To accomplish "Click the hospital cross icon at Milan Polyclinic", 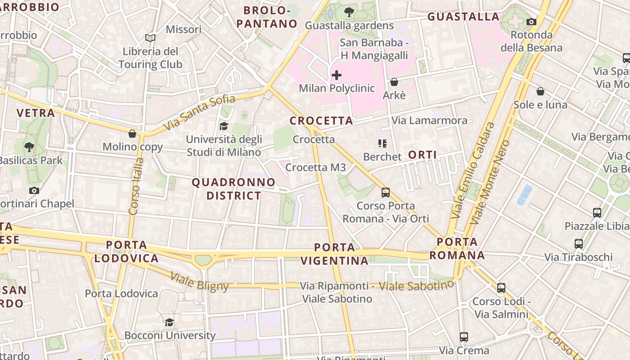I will pyautogui.click(x=336, y=75).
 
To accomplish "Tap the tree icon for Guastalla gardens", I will pyautogui.click(x=348, y=12).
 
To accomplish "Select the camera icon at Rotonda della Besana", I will pyautogui.click(x=531, y=22).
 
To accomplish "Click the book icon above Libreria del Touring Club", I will pyautogui.click(x=150, y=38).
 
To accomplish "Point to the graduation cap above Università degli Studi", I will pyautogui.click(x=224, y=126).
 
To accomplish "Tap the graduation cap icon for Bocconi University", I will pyautogui.click(x=169, y=322).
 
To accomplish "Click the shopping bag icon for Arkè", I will pyautogui.click(x=394, y=82).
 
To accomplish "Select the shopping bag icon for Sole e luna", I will pyautogui.click(x=540, y=91).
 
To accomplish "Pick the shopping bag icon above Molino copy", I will pyautogui.click(x=132, y=134).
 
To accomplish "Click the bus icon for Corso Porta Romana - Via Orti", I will pyautogui.click(x=386, y=193).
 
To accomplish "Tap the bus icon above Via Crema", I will pyautogui.click(x=463, y=337).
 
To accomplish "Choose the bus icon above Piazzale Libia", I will pyautogui.click(x=597, y=213).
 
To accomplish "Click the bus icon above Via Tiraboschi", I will pyautogui.click(x=579, y=244).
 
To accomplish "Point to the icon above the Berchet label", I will pyautogui.click(x=382, y=144).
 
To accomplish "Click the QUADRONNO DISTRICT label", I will pyautogui.click(x=234, y=189).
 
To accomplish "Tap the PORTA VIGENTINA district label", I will pyautogui.click(x=334, y=254).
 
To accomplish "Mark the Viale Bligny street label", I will pyautogui.click(x=200, y=281).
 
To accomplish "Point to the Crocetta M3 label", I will pyautogui.click(x=315, y=167).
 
